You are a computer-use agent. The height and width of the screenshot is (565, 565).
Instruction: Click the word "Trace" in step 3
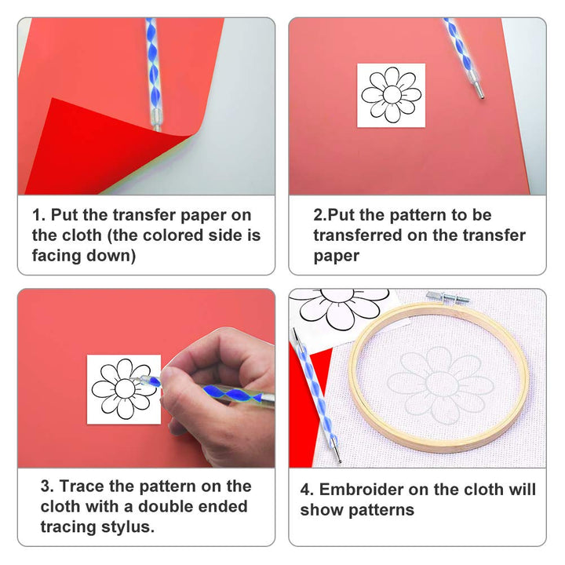82,486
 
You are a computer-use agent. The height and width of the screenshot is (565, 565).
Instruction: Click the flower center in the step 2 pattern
392,94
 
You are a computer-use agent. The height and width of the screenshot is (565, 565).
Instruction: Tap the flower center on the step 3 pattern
125,388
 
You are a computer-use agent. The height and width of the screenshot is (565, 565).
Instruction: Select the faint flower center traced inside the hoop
442,385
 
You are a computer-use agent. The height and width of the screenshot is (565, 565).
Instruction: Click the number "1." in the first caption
39,215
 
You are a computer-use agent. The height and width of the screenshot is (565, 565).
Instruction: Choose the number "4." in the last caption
307,490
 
